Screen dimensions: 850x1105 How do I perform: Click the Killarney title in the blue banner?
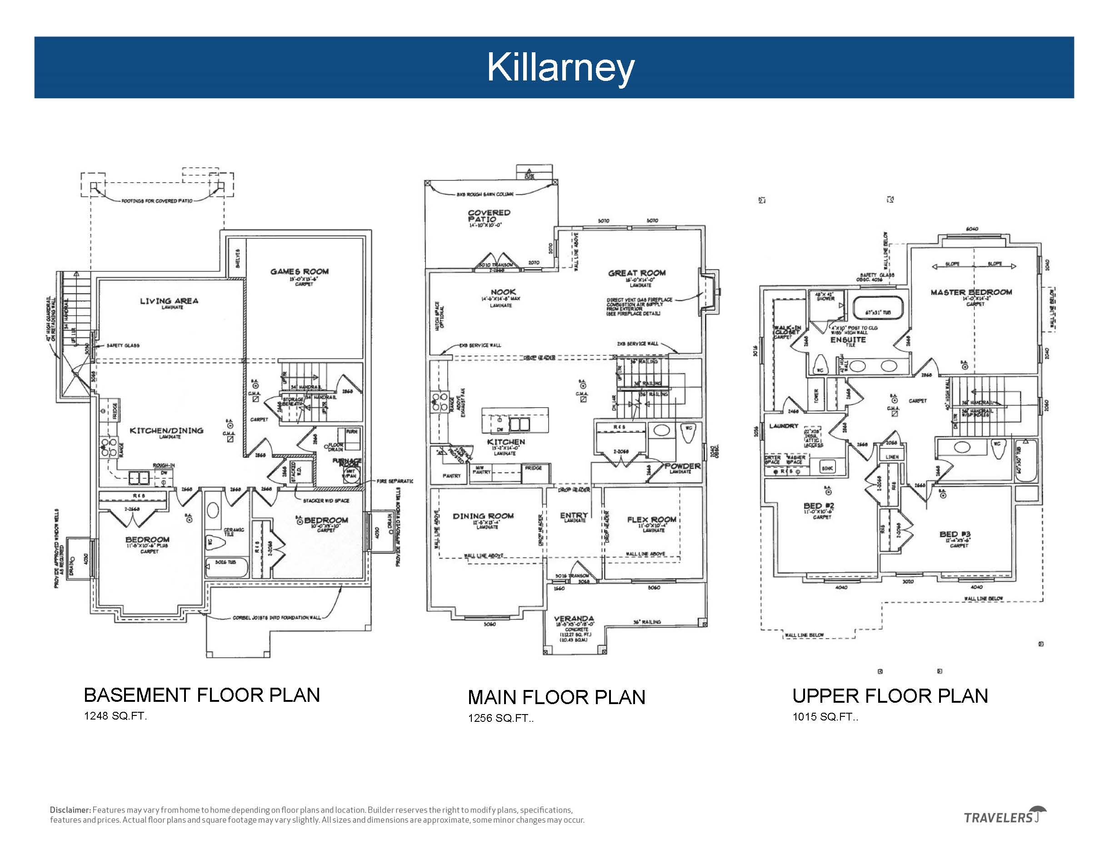560,67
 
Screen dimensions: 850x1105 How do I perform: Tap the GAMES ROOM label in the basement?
300,272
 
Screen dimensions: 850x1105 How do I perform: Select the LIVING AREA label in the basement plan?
169,301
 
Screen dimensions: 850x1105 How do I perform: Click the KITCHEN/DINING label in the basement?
166,430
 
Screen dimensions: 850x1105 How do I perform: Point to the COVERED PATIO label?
489,216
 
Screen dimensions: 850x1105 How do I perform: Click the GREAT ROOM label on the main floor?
636,273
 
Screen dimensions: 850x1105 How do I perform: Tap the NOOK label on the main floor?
503,292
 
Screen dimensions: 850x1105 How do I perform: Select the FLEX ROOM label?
652,520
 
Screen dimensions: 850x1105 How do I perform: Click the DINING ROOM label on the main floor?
483,516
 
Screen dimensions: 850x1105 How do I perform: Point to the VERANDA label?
574,619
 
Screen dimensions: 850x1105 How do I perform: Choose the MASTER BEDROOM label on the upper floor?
971,292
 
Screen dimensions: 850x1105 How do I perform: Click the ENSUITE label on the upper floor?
847,340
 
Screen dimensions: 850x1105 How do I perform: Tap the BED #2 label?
819,506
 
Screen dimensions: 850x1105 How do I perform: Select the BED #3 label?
955,534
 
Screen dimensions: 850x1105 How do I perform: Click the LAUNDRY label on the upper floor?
784,426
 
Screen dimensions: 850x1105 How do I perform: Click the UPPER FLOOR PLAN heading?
890,696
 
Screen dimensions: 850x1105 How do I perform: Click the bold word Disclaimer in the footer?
70,810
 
